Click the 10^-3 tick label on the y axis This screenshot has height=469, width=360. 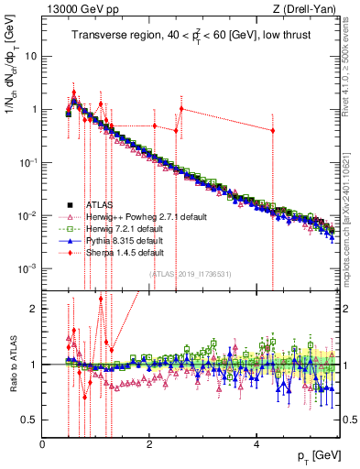tap(27, 268)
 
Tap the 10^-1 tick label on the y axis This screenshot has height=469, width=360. tap(27, 162)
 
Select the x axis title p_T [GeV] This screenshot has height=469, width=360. tap(317, 455)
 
